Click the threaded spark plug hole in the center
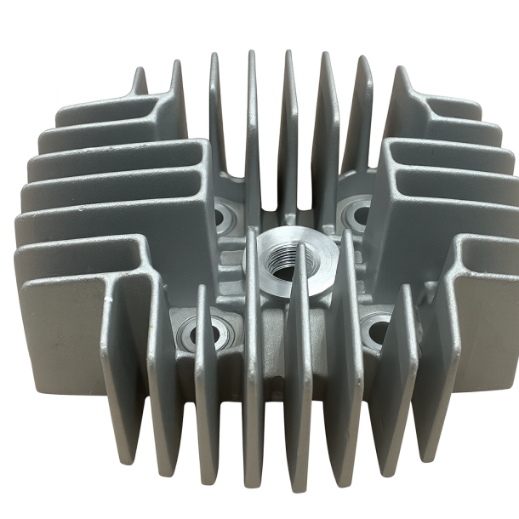282,271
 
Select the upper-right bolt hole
358,214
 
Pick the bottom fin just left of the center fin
253,383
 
